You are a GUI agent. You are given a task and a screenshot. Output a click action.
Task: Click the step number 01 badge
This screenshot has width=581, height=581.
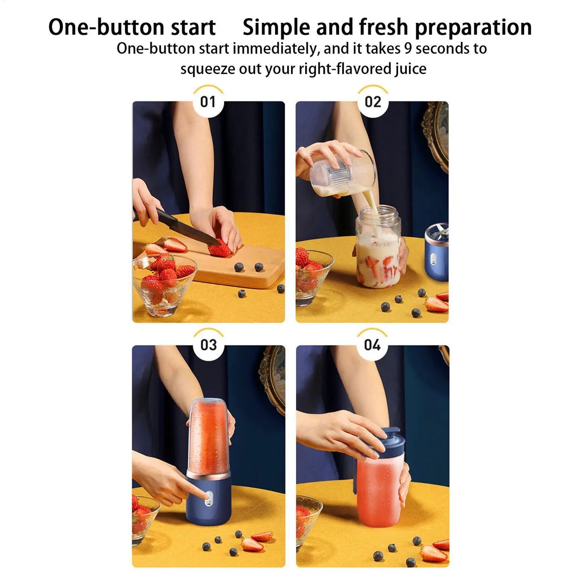208,102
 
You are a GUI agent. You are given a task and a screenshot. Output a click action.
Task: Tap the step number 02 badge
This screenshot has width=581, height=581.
372,102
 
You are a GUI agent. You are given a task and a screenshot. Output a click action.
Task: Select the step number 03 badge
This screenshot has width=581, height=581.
208,345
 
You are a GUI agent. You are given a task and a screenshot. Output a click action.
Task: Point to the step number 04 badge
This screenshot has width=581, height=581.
372,345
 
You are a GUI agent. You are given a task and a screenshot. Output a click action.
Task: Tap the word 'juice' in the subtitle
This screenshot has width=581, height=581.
410,69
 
